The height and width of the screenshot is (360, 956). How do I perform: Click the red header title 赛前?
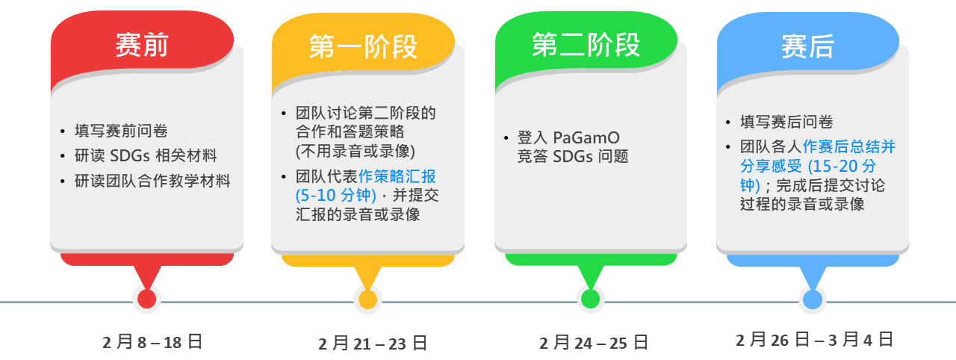pyautogui.click(x=142, y=45)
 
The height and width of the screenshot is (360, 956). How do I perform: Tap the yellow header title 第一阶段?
pyautogui.click(x=363, y=46)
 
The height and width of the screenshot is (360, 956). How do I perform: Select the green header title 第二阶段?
pyautogui.click(x=586, y=45)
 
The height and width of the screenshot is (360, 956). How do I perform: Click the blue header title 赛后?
pyautogui.click(x=807, y=46)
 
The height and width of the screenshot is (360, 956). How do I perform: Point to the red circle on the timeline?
pyautogui.click(x=147, y=299)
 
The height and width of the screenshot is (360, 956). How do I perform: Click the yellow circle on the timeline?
pyautogui.click(x=368, y=299)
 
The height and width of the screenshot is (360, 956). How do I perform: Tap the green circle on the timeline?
pyautogui.click(x=591, y=299)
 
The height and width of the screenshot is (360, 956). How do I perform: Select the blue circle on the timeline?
pyautogui.click(x=813, y=300)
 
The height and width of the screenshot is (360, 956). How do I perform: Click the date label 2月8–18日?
pyautogui.click(x=152, y=342)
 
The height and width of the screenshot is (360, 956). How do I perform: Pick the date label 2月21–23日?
pyautogui.click(x=373, y=344)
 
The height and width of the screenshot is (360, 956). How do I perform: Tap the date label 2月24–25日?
pyautogui.click(x=594, y=343)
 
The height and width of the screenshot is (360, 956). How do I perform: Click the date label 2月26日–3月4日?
pyautogui.click(x=814, y=340)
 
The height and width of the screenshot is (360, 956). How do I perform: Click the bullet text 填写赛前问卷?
pyautogui.click(x=121, y=131)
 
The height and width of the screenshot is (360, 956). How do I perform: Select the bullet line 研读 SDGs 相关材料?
pyautogui.click(x=146, y=155)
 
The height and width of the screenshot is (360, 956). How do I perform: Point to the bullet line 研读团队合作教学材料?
pyautogui.click(x=152, y=181)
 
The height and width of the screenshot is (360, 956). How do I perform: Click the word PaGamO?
pyautogui.click(x=586, y=137)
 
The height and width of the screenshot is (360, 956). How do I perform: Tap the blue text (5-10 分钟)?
pyautogui.click(x=336, y=196)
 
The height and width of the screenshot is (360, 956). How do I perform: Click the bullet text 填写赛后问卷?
pyautogui.click(x=786, y=122)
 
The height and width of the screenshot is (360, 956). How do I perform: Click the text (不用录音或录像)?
pyautogui.click(x=355, y=151)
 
